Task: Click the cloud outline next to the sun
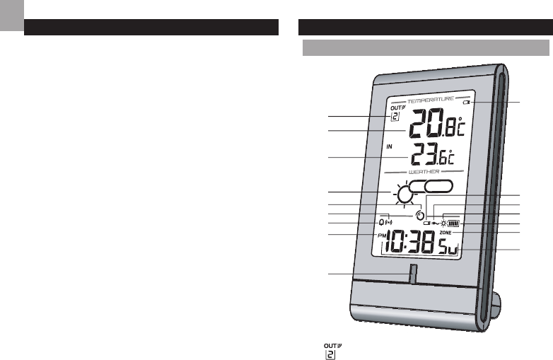438,188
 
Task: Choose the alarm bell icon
382,221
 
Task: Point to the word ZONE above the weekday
445,233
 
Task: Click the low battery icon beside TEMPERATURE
467,103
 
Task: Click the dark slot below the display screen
412,274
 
